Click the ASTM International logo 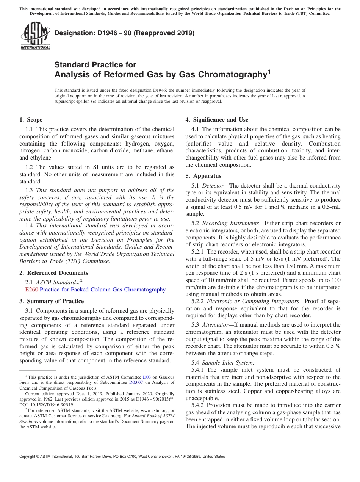click(35, 36)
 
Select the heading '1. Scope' click(31, 120)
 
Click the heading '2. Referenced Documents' click(53, 273)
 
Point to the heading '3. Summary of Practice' click(52, 301)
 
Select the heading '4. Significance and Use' click(217, 120)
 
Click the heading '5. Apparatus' click(203, 176)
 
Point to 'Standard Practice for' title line click(95, 64)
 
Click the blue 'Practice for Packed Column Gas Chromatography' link click(103, 290)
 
